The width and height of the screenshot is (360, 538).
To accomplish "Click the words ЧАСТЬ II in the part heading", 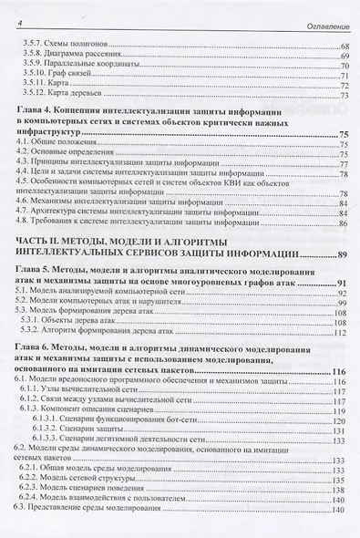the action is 39,240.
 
